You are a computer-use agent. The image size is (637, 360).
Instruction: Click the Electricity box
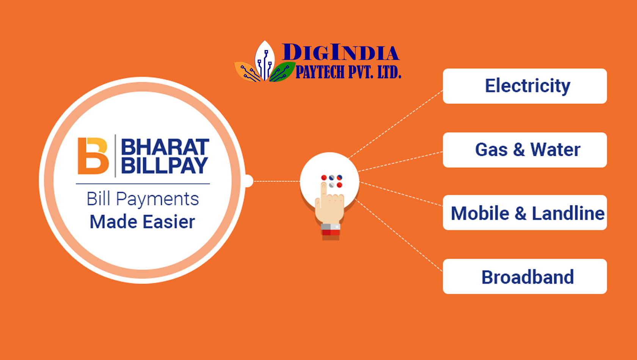pyautogui.click(x=525, y=86)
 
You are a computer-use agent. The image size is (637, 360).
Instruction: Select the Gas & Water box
pyautogui.click(x=525, y=150)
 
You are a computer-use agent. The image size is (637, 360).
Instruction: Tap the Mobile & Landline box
pyautogui.click(x=525, y=213)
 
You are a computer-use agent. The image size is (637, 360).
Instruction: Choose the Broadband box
pyautogui.click(x=525, y=276)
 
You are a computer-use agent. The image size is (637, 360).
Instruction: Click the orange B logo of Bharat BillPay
pyautogui.click(x=93, y=156)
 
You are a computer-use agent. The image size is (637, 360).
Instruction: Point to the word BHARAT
pyautogui.click(x=165, y=147)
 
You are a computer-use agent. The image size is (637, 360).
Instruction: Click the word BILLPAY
pyautogui.click(x=165, y=165)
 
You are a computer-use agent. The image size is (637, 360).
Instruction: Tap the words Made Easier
pyautogui.click(x=142, y=222)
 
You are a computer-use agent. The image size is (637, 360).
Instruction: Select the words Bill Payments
pyautogui.click(x=143, y=199)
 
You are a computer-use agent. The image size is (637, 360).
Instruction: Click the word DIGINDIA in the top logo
pyautogui.click(x=340, y=52)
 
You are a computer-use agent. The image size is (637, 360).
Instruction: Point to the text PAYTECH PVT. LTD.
pyautogui.click(x=348, y=72)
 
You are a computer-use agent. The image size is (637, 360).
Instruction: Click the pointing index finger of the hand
pyautogui.click(x=324, y=193)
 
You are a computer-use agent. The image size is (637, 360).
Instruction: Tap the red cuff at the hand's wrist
pyautogui.click(x=331, y=232)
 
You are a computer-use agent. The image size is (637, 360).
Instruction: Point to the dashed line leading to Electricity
pyautogui.click(x=395, y=124)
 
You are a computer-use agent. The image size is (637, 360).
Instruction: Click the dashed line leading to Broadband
pyautogui.click(x=399, y=235)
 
